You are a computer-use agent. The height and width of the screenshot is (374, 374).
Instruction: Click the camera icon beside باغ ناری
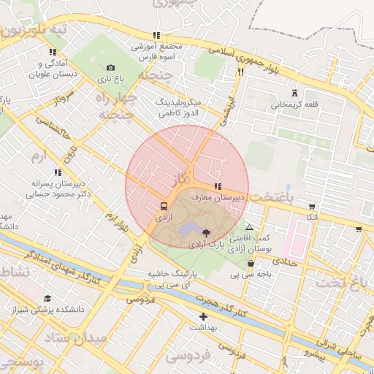pos(111,68)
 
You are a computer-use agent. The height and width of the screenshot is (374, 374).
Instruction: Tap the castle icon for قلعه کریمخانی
pos(295,93)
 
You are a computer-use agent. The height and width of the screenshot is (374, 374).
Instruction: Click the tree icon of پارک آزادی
pos(206,234)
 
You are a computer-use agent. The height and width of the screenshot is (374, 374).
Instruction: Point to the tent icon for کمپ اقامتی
pos(250,227)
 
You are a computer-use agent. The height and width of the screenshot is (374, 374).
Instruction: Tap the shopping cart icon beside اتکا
pos(313,207)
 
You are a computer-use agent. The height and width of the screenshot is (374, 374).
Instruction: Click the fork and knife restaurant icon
pos(240,72)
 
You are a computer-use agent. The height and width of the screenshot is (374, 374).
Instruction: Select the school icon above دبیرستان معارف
pos(217,186)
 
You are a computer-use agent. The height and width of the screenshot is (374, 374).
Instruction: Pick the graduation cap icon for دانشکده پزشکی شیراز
pos(48,298)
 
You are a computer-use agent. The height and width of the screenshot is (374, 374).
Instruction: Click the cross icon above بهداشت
pos(203,316)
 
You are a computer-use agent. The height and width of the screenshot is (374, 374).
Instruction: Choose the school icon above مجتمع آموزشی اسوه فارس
pos(156,35)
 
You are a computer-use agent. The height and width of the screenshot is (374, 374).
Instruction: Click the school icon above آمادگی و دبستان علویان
pos(52,52)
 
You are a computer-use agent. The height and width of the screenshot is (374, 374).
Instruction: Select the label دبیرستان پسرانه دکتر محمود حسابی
pos(57,188)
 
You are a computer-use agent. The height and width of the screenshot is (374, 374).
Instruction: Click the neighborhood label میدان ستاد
pos(75,337)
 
